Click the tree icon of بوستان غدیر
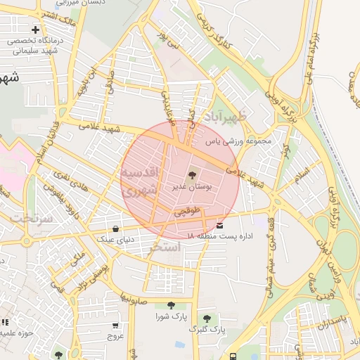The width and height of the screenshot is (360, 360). coord(192,175)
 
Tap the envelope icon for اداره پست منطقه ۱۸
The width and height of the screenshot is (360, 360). coord(221,226)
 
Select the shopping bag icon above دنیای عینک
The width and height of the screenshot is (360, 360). coord(115,229)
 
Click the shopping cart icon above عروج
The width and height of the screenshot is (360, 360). coord(115,326)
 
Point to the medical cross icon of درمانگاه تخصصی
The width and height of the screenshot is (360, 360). coord(36,30)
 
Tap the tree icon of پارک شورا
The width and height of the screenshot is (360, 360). coord(172,305)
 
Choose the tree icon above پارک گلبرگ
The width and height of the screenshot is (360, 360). coord(207,318)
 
